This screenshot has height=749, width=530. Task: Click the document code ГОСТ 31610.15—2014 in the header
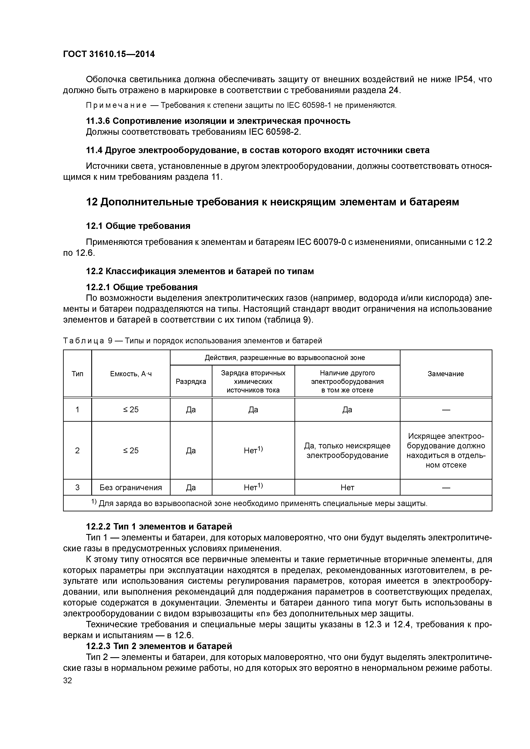(x=109, y=54)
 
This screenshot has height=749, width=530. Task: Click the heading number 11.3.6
(x=98, y=121)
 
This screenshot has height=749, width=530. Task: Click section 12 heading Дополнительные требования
(x=272, y=202)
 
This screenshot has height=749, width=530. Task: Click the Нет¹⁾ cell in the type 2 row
(x=253, y=450)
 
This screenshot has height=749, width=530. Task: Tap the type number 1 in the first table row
(x=77, y=409)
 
